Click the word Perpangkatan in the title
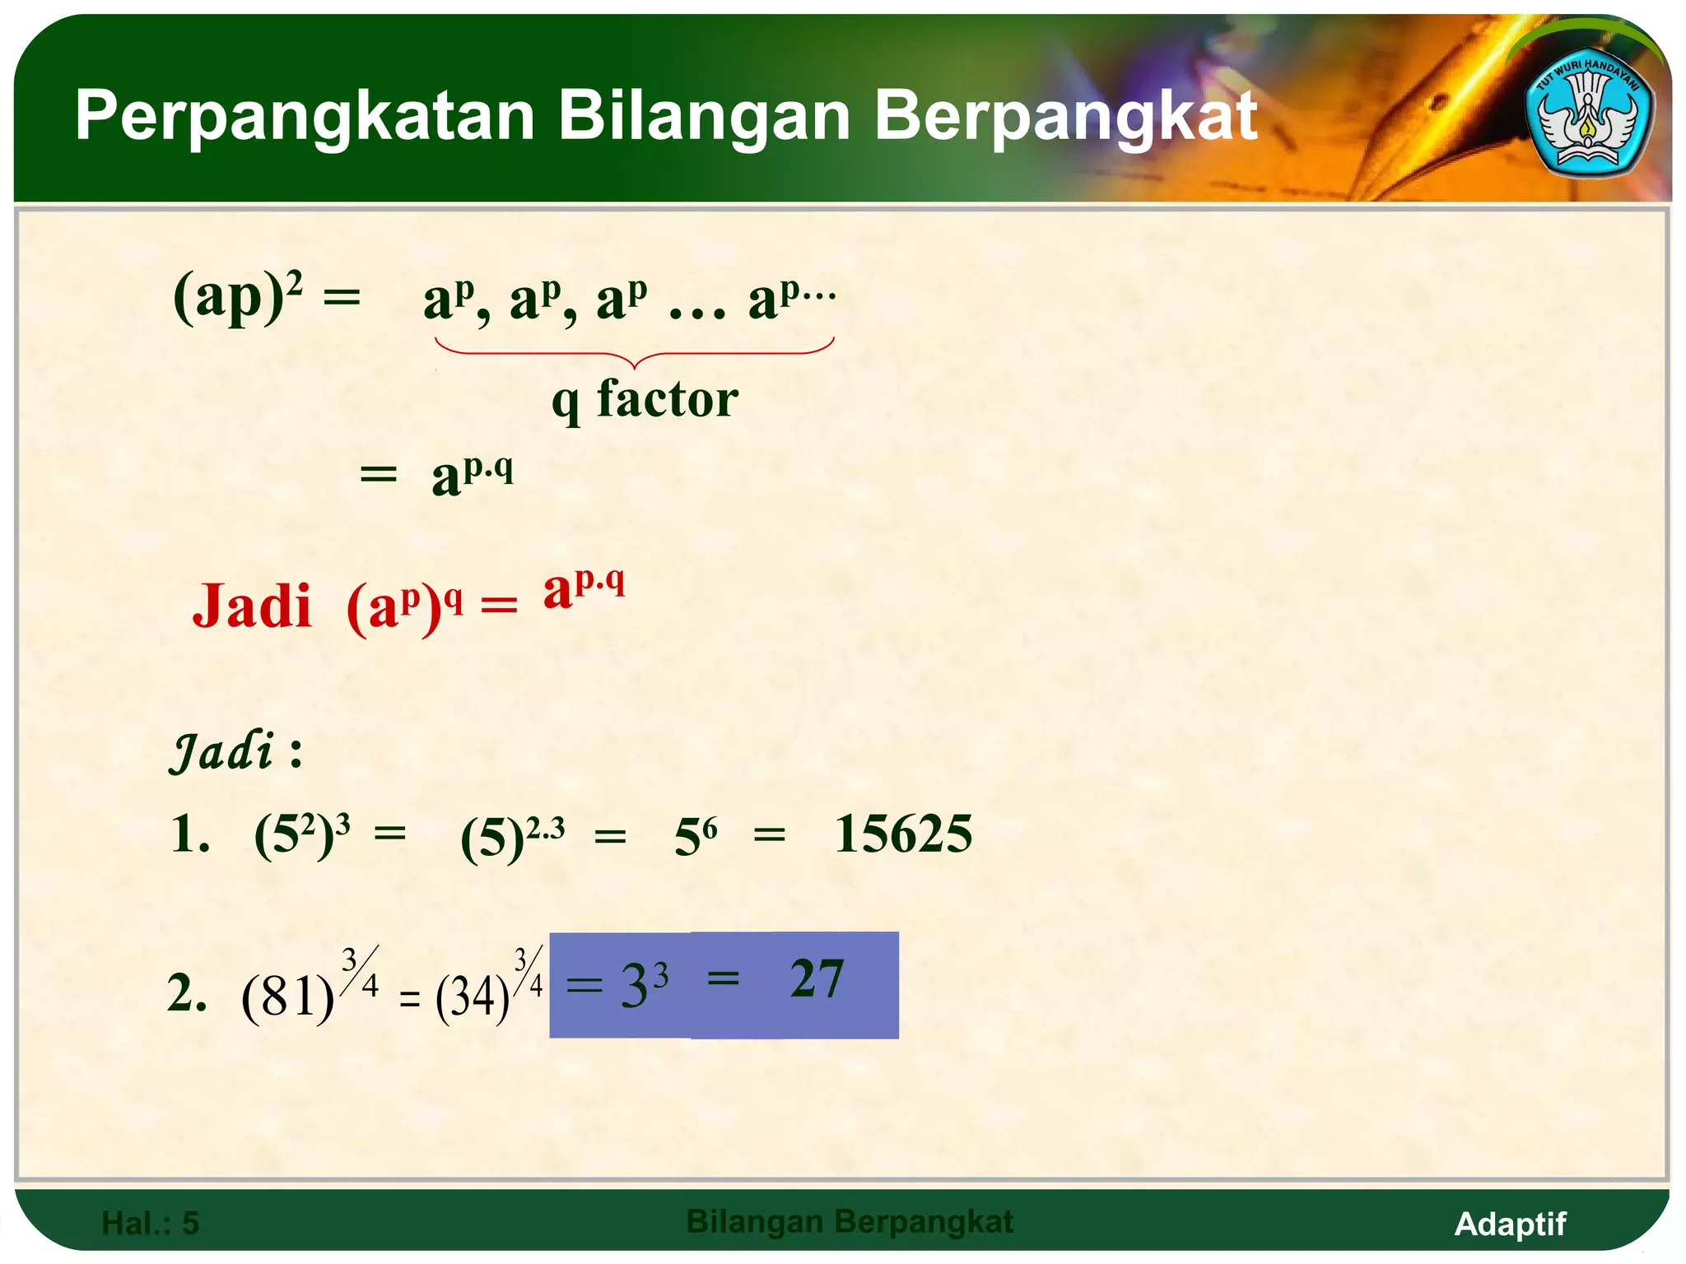click(305, 117)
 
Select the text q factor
click(645, 400)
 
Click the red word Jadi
click(252, 607)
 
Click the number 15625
click(903, 834)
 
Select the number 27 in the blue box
click(817, 979)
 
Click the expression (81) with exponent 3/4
click(309, 987)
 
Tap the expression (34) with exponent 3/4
click(487, 987)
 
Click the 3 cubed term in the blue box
click(643, 984)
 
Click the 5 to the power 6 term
click(695, 837)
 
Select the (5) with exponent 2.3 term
click(511, 837)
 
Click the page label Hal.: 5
click(150, 1224)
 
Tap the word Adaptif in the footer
click(1510, 1224)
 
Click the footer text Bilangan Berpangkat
click(849, 1222)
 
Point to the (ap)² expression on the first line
click(238, 296)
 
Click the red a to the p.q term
click(584, 588)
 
